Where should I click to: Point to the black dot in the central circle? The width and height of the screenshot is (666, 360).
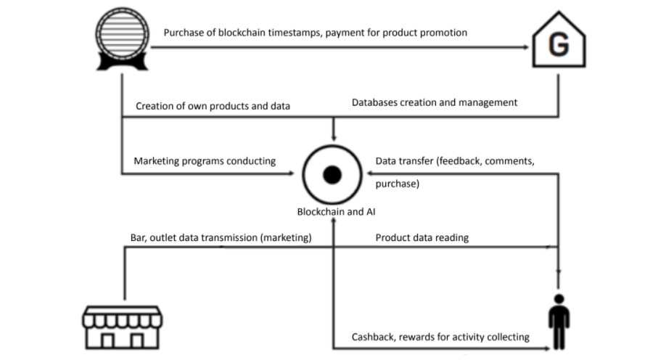[332, 174]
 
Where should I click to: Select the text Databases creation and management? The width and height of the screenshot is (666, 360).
[435, 102]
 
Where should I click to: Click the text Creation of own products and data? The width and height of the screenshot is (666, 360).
[213, 106]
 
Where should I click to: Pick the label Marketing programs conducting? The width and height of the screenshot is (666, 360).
[205, 161]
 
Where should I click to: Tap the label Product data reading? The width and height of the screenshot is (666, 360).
[422, 237]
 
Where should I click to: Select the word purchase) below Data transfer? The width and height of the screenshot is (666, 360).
[397, 184]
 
